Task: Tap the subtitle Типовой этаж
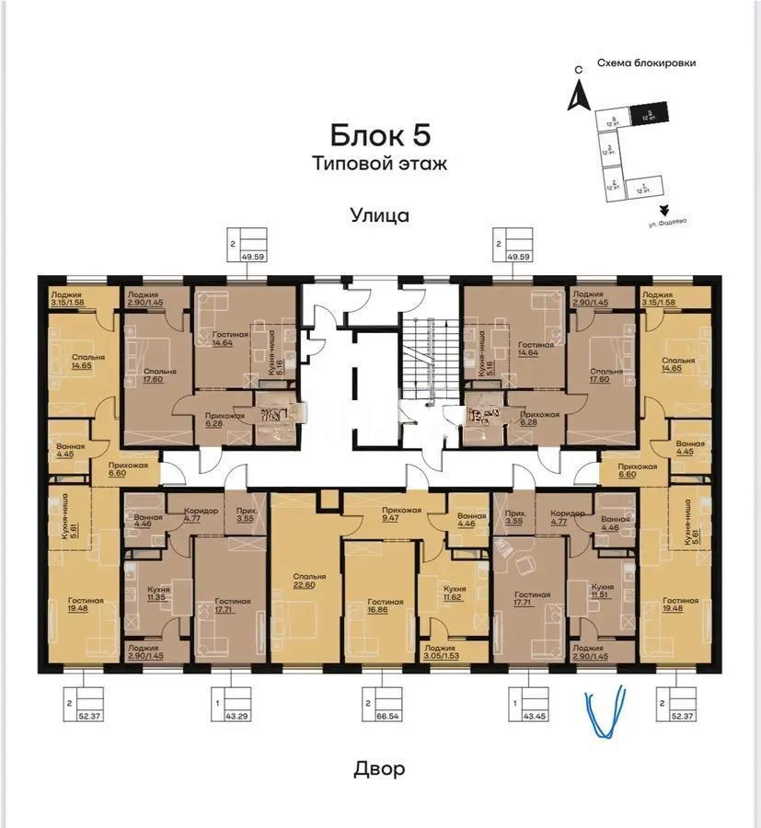coord(379,165)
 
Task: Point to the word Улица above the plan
coord(379,216)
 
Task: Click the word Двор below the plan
coord(379,768)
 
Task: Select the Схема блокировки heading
coord(646,63)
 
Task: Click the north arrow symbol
coord(578,93)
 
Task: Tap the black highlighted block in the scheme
coord(650,114)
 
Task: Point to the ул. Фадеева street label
coord(667,221)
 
